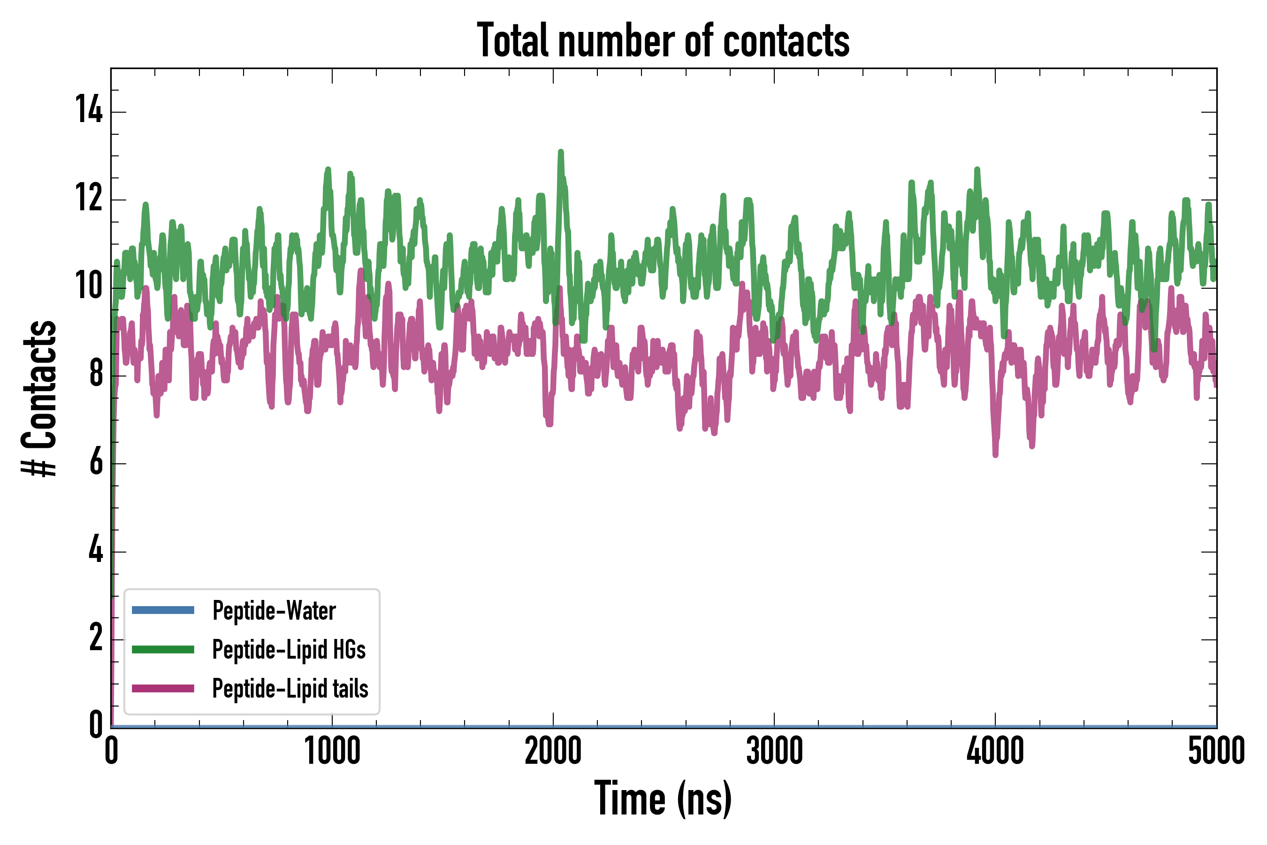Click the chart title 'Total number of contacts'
click(x=663, y=41)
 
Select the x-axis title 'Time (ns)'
click(x=663, y=799)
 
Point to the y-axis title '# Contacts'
click(x=39, y=399)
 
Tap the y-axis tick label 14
click(x=89, y=109)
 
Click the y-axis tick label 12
click(x=89, y=198)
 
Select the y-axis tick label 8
click(x=96, y=374)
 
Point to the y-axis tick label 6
click(x=96, y=462)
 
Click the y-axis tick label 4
click(x=96, y=550)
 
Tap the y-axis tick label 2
click(x=96, y=638)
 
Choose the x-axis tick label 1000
click(x=332, y=751)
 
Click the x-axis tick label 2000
click(x=553, y=751)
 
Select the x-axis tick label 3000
click(x=774, y=751)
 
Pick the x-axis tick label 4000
click(x=995, y=751)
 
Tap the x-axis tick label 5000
click(x=1216, y=751)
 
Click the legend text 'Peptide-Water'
click(x=274, y=611)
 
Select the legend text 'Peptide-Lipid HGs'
click(x=289, y=649)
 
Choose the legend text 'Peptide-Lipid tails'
click(x=290, y=689)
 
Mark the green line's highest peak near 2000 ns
click(x=561, y=153)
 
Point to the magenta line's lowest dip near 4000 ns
click(x=995, y=455)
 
